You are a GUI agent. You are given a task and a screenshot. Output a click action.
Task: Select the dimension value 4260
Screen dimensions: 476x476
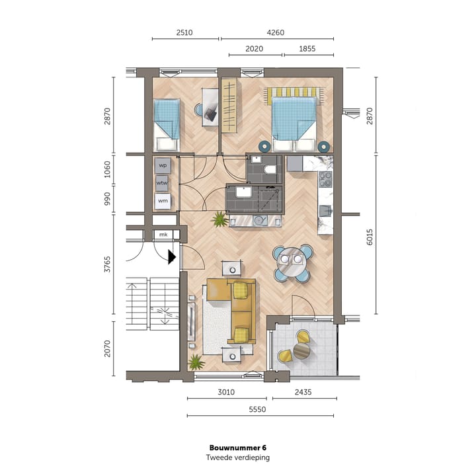click(276, 31)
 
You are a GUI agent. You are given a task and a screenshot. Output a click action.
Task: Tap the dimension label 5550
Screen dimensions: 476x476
click(260, 409)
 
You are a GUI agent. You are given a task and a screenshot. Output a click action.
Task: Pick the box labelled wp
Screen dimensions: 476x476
click(163, 165)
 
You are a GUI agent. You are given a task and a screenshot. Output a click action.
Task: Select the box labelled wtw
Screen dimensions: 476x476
click(163, 182)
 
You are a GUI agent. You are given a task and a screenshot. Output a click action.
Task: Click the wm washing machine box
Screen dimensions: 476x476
click(163, 200)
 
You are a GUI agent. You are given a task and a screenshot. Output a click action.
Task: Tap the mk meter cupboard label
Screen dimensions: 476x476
click(163, 235)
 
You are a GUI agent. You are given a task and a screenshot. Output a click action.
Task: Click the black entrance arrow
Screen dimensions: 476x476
click(172, 257)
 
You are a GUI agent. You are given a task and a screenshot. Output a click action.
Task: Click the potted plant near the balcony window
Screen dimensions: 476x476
click(196, 362)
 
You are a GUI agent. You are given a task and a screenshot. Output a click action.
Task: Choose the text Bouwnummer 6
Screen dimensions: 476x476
click(237, 447)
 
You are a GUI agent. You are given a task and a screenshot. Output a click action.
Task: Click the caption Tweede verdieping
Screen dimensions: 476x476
click(237, 457)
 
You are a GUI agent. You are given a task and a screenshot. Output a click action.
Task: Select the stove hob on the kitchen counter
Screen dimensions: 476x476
click(325, 179)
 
